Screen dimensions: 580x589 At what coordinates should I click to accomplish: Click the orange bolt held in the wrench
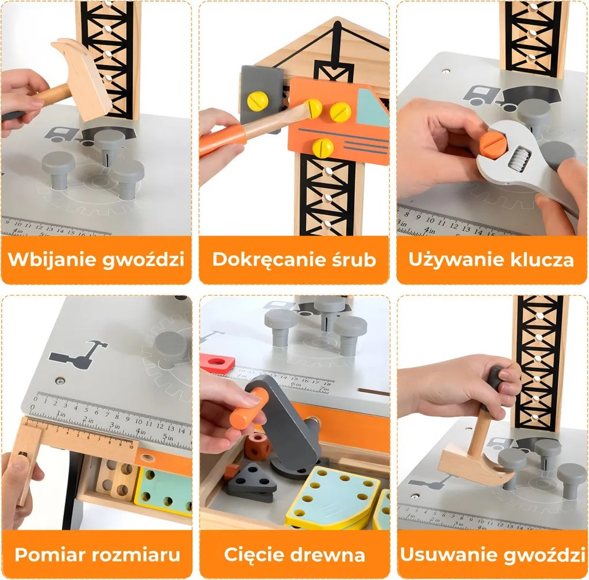(x=490, y=145)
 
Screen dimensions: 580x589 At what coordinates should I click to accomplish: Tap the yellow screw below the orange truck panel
(x=323, y=147)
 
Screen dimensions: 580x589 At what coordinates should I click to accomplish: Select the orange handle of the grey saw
(x=249, y=408)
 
